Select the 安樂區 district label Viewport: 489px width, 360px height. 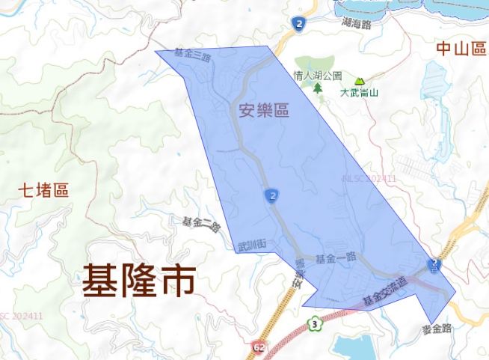263,112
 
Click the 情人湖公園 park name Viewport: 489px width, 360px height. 318,76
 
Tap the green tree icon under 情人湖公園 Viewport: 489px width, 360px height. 318,88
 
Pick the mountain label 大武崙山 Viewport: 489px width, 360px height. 360,94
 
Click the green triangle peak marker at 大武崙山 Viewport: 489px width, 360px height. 360,81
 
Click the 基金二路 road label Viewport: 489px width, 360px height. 202,223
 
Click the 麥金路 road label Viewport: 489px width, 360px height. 437,328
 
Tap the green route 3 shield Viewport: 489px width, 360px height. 317,323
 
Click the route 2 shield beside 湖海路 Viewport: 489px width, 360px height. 298,25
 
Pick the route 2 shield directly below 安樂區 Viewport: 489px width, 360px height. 272,196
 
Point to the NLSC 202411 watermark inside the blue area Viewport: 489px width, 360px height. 369,179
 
